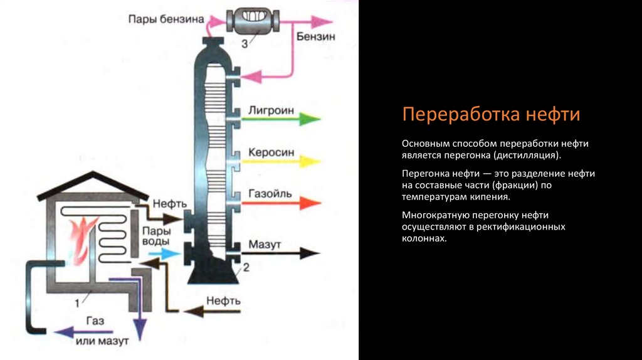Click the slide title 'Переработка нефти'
[x=491, y=115]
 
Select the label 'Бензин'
[x=317, y=36]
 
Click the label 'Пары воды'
[x=155, y=236]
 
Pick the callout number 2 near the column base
[x=246, y=268]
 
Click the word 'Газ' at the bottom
[x=95, y=320]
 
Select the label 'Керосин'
[x=271, y=152]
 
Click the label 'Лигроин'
[x=271, y=110]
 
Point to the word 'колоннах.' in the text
[x=424, y=239]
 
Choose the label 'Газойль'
[x=270, y=194]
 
